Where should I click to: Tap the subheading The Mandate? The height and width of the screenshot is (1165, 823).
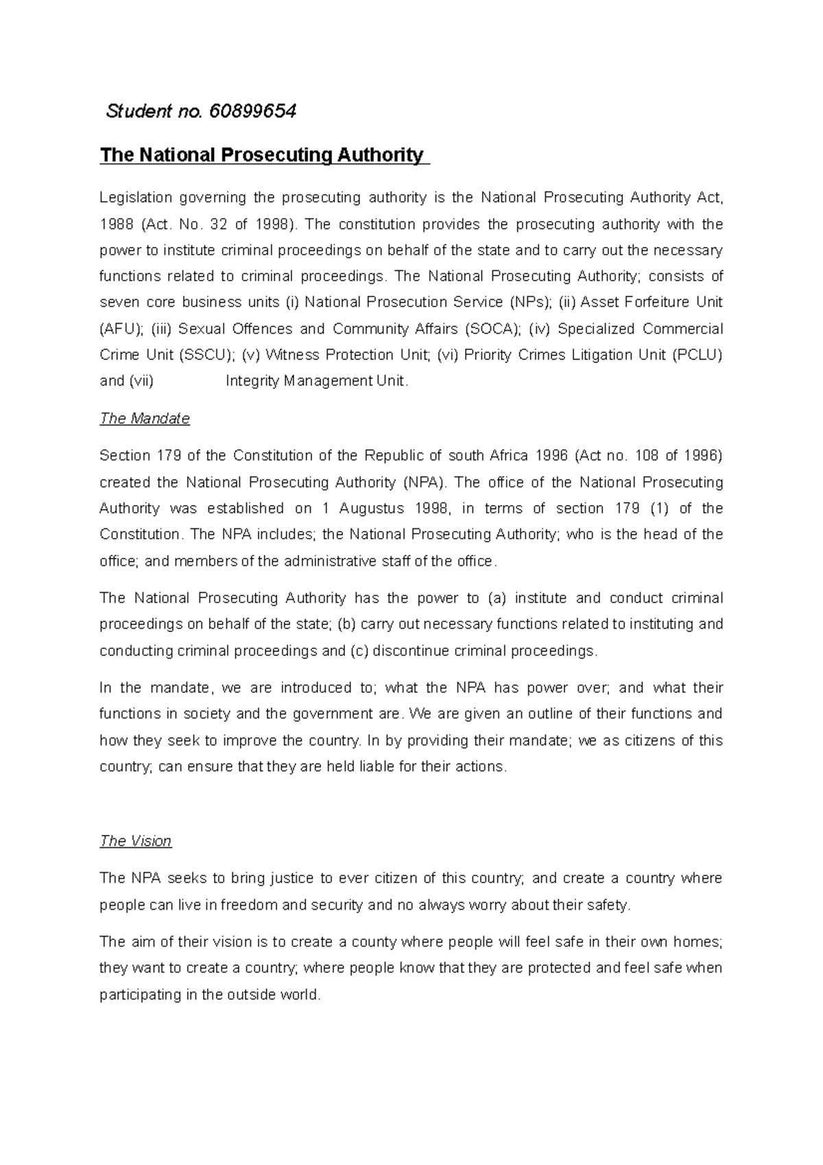tap(144, 419)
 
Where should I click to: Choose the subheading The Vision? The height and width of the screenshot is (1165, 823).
tap(135, 841)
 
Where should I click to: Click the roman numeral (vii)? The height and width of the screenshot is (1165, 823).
tap(141, 381)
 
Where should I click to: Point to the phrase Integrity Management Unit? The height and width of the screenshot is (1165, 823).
tap(316, 381)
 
